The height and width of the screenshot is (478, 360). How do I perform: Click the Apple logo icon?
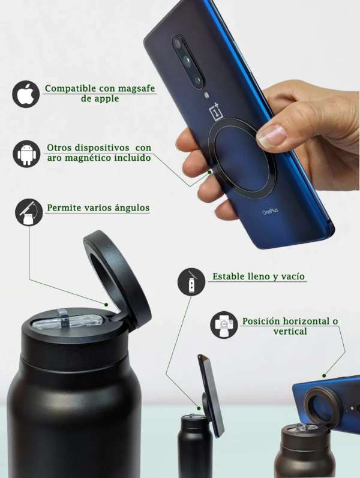click(x=26, y=94)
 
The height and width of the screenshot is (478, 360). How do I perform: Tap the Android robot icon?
click(x=26, y=154)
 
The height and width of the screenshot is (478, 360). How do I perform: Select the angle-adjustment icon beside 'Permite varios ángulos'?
click(x=29, y=212)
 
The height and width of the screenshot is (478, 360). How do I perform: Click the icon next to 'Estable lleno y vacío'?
click(x=191, y=282)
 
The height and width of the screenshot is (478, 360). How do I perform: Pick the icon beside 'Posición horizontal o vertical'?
click(x=224, y=325)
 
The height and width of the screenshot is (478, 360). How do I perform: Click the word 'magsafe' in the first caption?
click(x=136, y=89)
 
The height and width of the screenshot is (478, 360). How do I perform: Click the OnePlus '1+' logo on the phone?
click(x=216, y=112)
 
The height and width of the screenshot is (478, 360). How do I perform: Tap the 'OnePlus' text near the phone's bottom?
click(x=271, y=211)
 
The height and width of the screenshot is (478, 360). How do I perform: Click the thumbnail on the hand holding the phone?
click(x=272, y=136)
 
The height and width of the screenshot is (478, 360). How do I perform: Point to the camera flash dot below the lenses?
click(x=206, y=95)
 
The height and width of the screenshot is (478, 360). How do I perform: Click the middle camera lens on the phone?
click(x=187, y=61)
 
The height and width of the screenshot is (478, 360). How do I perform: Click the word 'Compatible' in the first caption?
click(x=70, y=89)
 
